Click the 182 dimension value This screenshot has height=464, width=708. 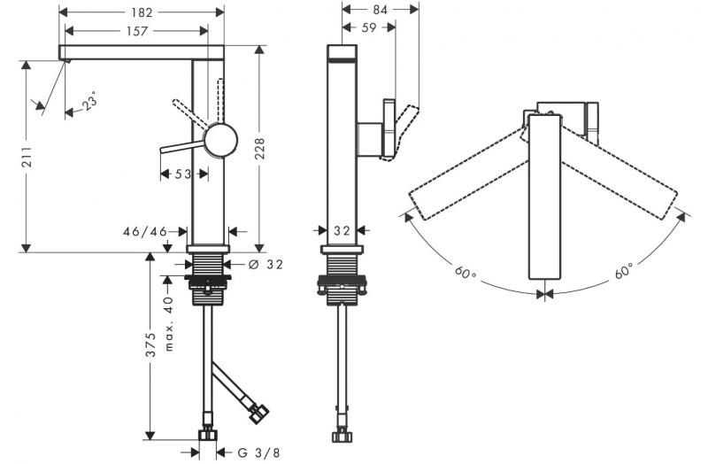[140, 12]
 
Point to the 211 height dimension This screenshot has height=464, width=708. [27, 155]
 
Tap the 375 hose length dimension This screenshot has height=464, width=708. [151, 344]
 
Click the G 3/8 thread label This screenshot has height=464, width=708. [255, 452]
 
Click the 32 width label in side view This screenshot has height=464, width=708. [342, 231]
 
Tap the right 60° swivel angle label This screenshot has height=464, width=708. [625, 272]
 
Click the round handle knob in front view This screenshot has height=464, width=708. [220, 141]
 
